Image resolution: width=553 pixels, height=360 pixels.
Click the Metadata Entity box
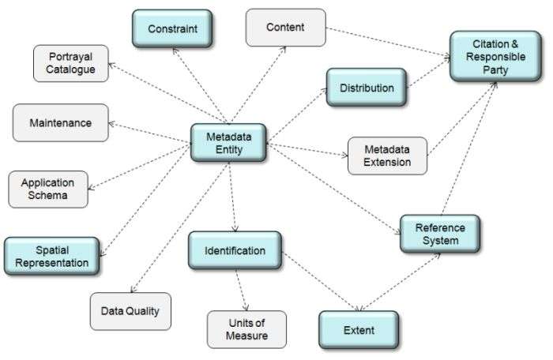pos(228,142)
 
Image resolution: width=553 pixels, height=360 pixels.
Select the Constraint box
pos(171,29)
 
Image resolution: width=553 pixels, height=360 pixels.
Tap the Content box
pos(285,28)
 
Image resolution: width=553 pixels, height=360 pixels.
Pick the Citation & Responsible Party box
pos(489,56)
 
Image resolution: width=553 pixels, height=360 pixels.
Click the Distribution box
pos(367,88)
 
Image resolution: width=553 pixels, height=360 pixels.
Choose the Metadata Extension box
pos(387,156)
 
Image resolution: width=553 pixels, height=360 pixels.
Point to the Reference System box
pos(440,234)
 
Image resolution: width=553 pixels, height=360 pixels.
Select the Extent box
pos(358,330)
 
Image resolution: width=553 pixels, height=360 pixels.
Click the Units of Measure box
pos(246,329)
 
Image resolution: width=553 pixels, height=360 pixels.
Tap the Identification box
pos(235,250)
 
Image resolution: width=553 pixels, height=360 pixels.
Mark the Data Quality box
pos(130,311)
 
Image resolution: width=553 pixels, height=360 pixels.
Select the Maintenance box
pos(61,123)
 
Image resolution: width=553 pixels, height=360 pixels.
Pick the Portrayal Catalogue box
pos(71,63)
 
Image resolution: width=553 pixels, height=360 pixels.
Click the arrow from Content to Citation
pos(387,43)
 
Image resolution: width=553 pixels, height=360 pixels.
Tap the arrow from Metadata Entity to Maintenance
pos(150,132)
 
